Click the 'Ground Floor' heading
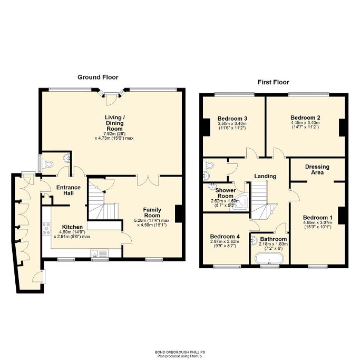(98, 77)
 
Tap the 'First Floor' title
(273, 82)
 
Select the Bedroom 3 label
(232, 119)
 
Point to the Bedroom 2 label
(305, 118)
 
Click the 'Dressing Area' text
(317, 169)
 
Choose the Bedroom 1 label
(317, 218)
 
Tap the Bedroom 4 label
(225, 237)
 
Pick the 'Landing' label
(265, 176)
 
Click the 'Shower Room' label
(225, 193)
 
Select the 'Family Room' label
(152, 212)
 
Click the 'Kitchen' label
(72, 227)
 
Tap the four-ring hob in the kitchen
(46, 228)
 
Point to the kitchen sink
(100, 253)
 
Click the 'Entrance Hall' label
(69, 190)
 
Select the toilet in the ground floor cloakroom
(48, 164)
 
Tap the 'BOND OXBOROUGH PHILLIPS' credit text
(180, 352)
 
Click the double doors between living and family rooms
(148, 181)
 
